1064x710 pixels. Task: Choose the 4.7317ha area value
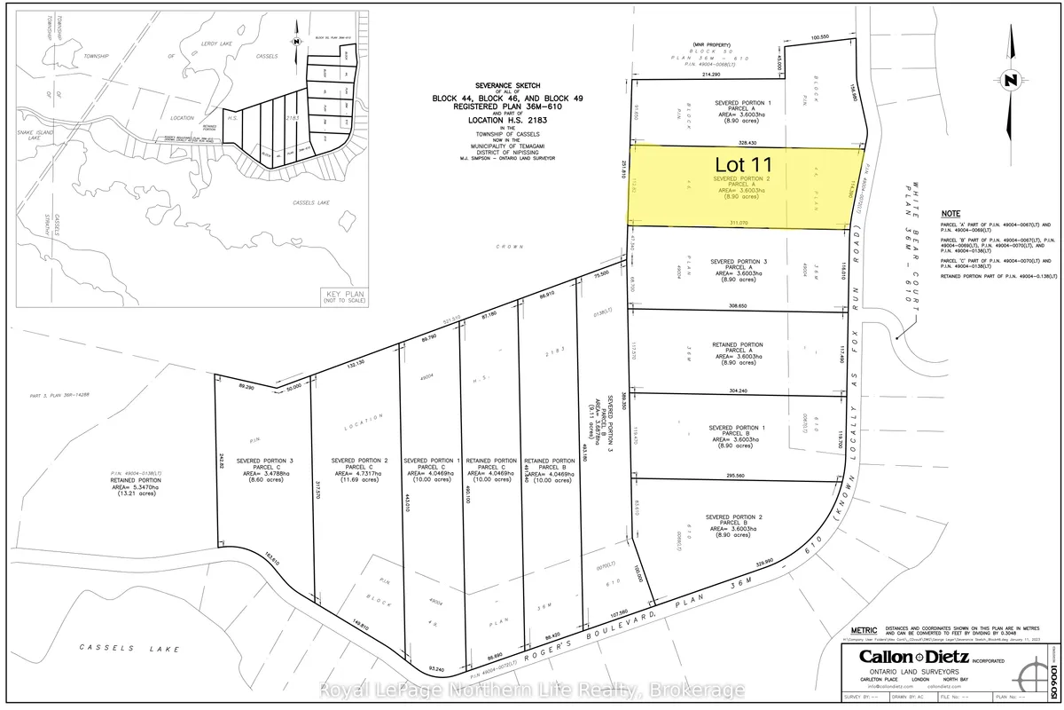[356, 475]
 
